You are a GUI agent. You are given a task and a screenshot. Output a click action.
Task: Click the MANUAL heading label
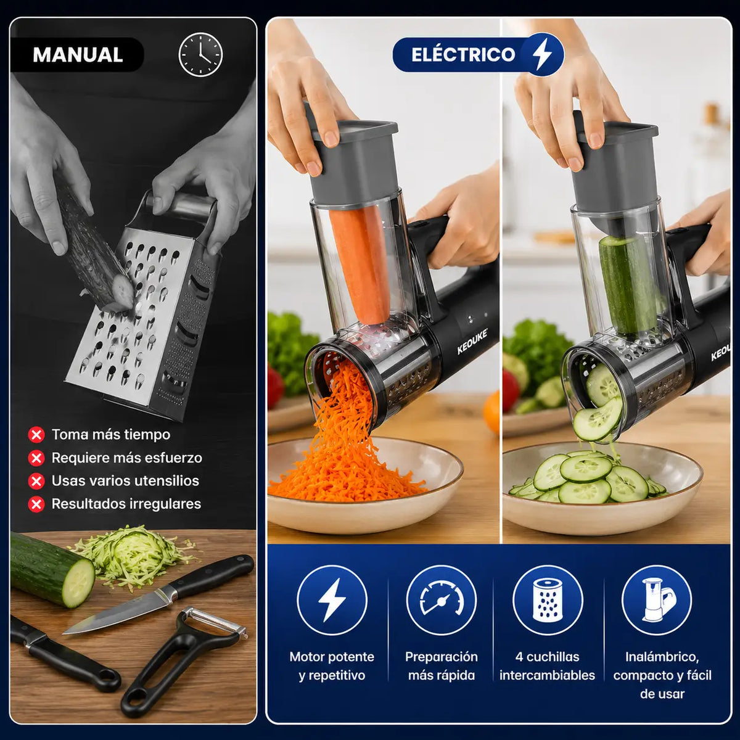78,55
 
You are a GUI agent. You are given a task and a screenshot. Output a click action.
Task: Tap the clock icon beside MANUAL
200,54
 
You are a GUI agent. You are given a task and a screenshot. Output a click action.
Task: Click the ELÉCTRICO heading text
462,54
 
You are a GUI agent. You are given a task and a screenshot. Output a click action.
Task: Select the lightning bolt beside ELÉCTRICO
543,54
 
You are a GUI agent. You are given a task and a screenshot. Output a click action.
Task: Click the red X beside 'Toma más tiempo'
36,435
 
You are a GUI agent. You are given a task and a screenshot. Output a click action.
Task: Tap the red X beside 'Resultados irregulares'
36,504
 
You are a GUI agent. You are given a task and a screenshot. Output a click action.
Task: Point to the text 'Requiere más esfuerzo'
127,458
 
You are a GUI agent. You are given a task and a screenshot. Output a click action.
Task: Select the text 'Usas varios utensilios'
125,481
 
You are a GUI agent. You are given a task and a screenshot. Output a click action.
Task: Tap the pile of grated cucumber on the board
133,555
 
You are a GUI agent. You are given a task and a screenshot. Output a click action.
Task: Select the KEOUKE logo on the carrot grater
472,342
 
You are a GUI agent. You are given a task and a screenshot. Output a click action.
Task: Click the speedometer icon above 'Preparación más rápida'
442,600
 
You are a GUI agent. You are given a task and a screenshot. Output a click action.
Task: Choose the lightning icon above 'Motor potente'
332,600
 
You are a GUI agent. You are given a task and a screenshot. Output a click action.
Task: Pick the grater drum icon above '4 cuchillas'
548,600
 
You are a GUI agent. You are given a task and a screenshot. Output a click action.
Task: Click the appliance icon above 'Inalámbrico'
657,600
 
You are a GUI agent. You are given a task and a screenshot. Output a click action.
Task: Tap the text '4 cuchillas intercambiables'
547,666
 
